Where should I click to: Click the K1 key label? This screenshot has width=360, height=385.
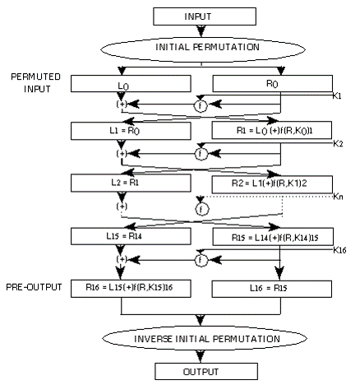pyautogui.click(x=337, y=96)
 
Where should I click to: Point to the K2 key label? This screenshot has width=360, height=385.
pyautogui.click(x=338, y=144)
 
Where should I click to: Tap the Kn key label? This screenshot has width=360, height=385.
pyautogui.click(x=338, y=197)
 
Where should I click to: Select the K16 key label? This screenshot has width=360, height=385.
pyautogui.click(x=339, y=250)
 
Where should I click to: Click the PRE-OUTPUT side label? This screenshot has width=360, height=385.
pyautogui.click(x=34, y=287)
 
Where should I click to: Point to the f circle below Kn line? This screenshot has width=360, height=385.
pyautogui.click(x=202, y=210)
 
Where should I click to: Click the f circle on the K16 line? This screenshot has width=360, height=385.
pyautogui.click(x=201, y=260)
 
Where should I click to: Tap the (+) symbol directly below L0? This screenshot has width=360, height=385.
pyautogui.click(x=122, y=104)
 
